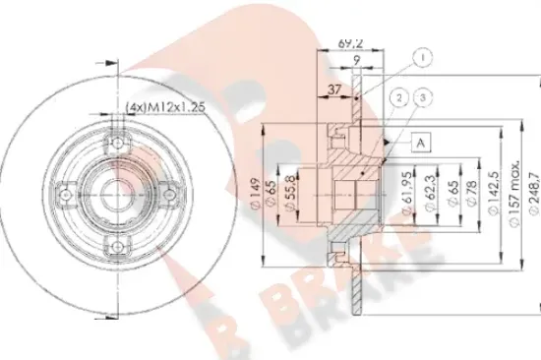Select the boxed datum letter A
[x=422, y=143]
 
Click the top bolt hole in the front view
[x=115, y=134]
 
